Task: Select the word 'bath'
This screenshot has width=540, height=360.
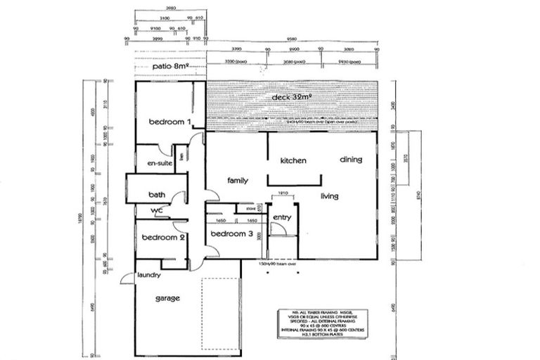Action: pos(156,195)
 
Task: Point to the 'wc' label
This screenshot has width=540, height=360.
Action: pos(156,210)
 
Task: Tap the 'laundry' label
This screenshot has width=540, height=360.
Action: pos(150,276)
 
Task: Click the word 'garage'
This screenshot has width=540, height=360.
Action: pos(167,298)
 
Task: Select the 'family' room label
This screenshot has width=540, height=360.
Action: pos(238,181)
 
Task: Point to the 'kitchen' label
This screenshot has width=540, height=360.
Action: pos(293,161)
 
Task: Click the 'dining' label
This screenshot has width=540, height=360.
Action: pos(351,160)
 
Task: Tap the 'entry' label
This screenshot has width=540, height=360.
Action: pos(282,217)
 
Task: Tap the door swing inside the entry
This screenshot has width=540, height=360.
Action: pos(276,229)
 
